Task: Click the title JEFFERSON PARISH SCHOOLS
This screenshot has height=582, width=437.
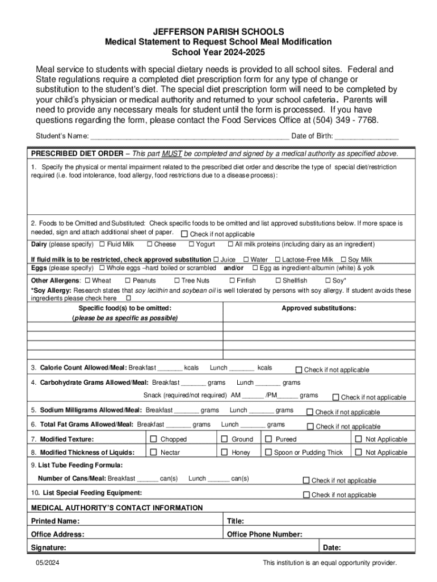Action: click(218, 32)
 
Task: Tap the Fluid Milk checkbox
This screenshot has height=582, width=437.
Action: click(102, 244)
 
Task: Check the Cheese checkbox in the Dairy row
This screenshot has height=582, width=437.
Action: click(149, 244)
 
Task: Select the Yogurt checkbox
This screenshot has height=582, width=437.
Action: click(191, 244)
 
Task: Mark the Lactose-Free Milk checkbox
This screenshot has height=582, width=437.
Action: click(278, 259)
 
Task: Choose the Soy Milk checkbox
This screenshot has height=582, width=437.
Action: click(343, 259)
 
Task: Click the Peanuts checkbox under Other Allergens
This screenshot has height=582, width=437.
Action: click(128, 280)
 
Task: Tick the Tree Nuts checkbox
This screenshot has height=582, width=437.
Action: click(177, 280)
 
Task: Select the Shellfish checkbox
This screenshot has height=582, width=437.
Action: click(278, 280)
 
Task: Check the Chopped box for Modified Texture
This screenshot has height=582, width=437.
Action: click(153, 439)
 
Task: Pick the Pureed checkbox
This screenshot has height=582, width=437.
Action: click(268, 439)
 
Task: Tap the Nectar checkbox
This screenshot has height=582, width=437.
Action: click(153, 452)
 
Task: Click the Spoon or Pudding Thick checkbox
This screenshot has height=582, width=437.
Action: click(268, 452)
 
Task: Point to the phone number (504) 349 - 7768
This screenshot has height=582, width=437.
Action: click(349, 120)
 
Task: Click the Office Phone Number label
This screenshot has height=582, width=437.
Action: click(264, 534)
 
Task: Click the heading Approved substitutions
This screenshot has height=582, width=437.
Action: click(319, 308)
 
